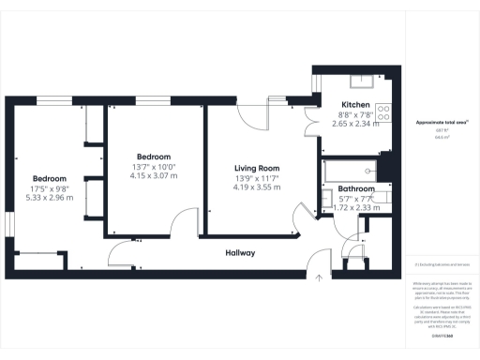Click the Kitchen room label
(355, 104)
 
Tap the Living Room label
(257, 168)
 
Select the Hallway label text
(240, 253)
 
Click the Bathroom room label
(356, 188)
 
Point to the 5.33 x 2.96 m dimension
(50, 198)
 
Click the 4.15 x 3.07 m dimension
(154, 175)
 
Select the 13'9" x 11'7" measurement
(257, 178)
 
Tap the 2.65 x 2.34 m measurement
(355, 123)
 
